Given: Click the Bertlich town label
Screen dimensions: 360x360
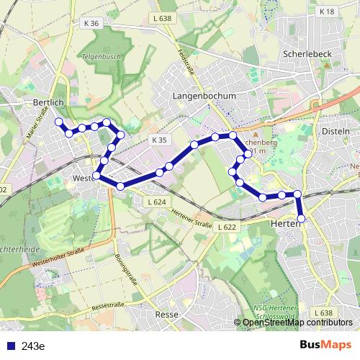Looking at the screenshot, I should point(49,103).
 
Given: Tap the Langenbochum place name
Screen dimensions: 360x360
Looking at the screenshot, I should point(199,95).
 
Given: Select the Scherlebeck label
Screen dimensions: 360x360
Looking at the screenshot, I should point(306,54).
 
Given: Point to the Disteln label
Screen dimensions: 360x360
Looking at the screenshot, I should point(336,132).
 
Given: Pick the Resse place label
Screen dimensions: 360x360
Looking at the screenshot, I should point(167,315).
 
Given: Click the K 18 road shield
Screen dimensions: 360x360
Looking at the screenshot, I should point(327,12).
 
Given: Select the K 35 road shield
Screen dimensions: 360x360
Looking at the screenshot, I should point(158,139).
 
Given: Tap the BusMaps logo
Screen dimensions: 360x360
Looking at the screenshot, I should point(325,345).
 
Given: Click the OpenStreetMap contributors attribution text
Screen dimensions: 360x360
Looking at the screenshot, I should point(297,322).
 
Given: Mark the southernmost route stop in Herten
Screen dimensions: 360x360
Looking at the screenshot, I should point(301,218).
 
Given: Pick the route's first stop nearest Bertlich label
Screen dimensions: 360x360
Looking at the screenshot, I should point(59,122).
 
